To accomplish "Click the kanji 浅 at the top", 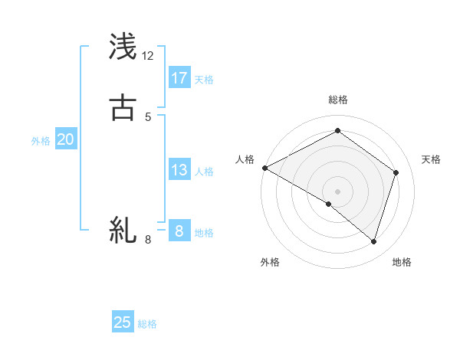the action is pyautogui.click(x=123, y=47).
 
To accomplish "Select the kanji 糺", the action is pyautogui.click(x=123, y=230).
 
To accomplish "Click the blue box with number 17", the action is pyautogui.click(x=179, y=78).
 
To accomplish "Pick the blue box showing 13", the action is pyautogui.click(x=179, y=170).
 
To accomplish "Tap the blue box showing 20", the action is pyautogui.click(x=66, y=139).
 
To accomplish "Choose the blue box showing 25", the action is pyautogui.click(x=123, y=322).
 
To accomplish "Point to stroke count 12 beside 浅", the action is pyautogui.click(x=148, y=56).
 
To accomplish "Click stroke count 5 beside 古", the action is pyautogui.click(x=148, y=117).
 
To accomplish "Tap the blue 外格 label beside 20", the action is pyautogui.click(x=41, y=141).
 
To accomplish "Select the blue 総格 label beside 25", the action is pyautogui.click(x=147, y=324).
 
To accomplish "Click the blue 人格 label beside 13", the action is pyautogui.click(x=205, y=172).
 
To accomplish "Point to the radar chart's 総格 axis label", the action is pyautogui.click(x=338, y=100).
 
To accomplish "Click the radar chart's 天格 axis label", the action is pyautogui.click(x=432, y=159).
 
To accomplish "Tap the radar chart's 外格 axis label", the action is pyautogui.click(x=270, y=262).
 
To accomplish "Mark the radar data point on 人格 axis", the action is pyautogui.click(x=264, y=168).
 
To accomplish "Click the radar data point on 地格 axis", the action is pyautogui.click(x=374, y=241).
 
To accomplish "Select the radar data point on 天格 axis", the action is pyautogui.click(x=396, y=172).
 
